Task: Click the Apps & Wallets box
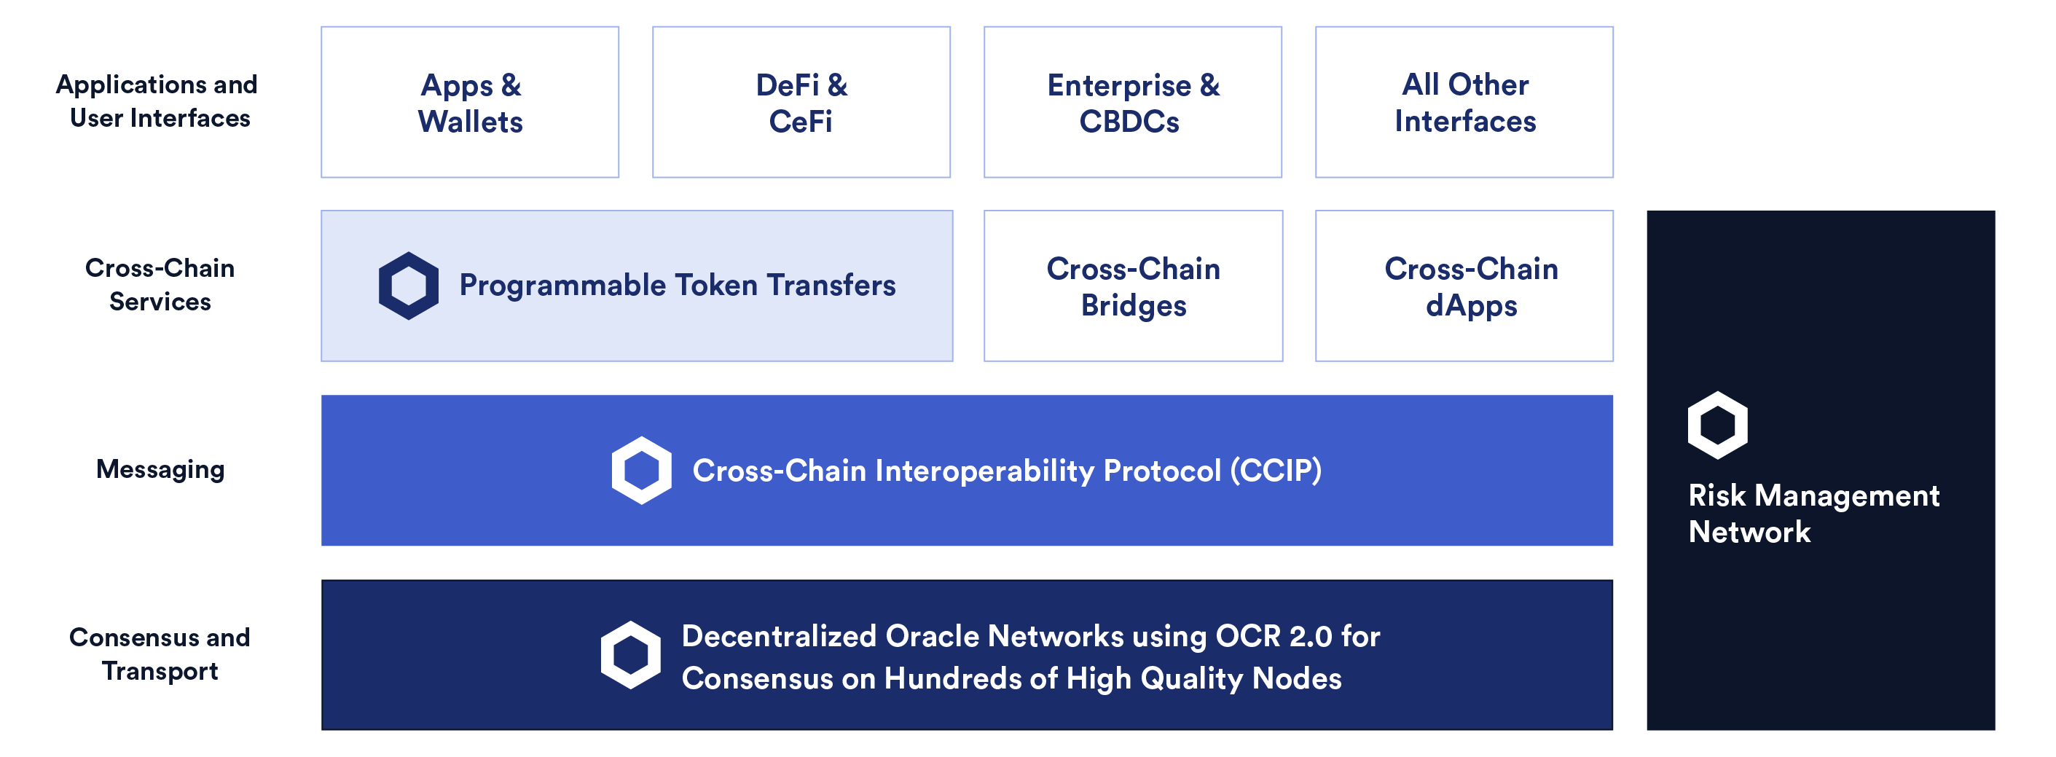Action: pyautogui.click(x=469, y=102)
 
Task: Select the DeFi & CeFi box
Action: pyautogui.click(x=801, y=102)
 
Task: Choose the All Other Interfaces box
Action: pyautogui.click(x=1464, y=102)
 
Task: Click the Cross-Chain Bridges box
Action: pyautogui.click(x=1133, y=286)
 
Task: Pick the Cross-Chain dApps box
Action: pyautogui.click(x=1464, y=286)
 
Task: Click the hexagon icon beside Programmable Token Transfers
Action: pyautogui.click(x=409, y=286)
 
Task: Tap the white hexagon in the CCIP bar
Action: pyautogui.click(x=642, y=471)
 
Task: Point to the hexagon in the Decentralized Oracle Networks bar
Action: pyautogui.click(x=630, y=655)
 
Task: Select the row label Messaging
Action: pyautogui.click(x=160, y=469)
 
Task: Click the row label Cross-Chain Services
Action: pyautogui.click(x=160, y=284)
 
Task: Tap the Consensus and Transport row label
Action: pyautogui.click(x=160, y=654)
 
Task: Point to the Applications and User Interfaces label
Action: pyautogui.click(x=157, y=101)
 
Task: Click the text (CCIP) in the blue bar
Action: pyautogui.click(x=1276, y=471)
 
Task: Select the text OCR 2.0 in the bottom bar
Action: pyautogui.click(x=1273, y=637)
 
